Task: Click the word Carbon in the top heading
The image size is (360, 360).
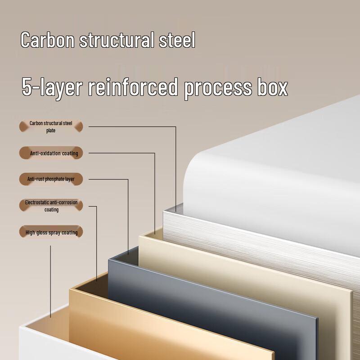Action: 48,40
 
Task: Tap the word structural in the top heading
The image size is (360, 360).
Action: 117,40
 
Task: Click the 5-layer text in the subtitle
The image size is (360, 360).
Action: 52,88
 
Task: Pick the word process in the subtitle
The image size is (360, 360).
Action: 218,89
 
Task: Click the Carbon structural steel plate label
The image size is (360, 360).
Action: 51,126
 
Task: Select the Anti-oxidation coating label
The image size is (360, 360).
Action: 51,153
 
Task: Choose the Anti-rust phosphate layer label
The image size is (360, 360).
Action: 51,179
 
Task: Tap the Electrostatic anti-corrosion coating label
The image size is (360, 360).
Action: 51,206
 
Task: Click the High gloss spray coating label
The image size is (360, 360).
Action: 51,232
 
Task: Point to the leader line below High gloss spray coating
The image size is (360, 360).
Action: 50,282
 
